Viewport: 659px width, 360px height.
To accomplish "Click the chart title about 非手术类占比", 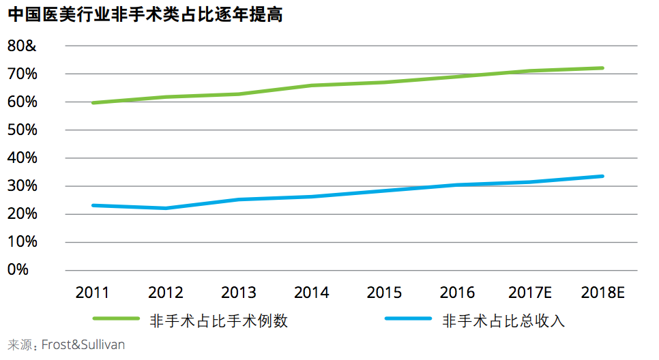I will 145,15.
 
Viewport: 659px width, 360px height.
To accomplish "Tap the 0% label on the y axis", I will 18,270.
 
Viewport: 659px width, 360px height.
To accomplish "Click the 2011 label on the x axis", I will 93,292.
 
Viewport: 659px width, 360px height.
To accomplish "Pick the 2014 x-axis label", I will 312,292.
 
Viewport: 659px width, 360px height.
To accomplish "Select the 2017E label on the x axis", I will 530,292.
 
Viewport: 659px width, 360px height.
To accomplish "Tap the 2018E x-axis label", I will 603,292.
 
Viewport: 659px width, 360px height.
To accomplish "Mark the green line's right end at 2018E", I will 602,68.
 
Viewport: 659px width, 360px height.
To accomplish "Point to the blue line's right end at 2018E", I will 602,176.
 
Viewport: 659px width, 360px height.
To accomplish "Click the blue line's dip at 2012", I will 166,208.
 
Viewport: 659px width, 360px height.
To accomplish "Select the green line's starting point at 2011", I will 93,103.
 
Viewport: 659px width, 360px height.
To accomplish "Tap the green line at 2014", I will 312,85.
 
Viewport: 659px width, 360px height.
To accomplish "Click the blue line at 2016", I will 457,185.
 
